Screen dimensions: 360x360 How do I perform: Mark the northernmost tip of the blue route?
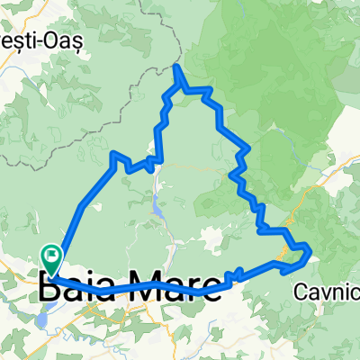coord(176,67)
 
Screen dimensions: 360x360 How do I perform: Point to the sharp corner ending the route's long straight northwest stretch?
coord(113,155)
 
